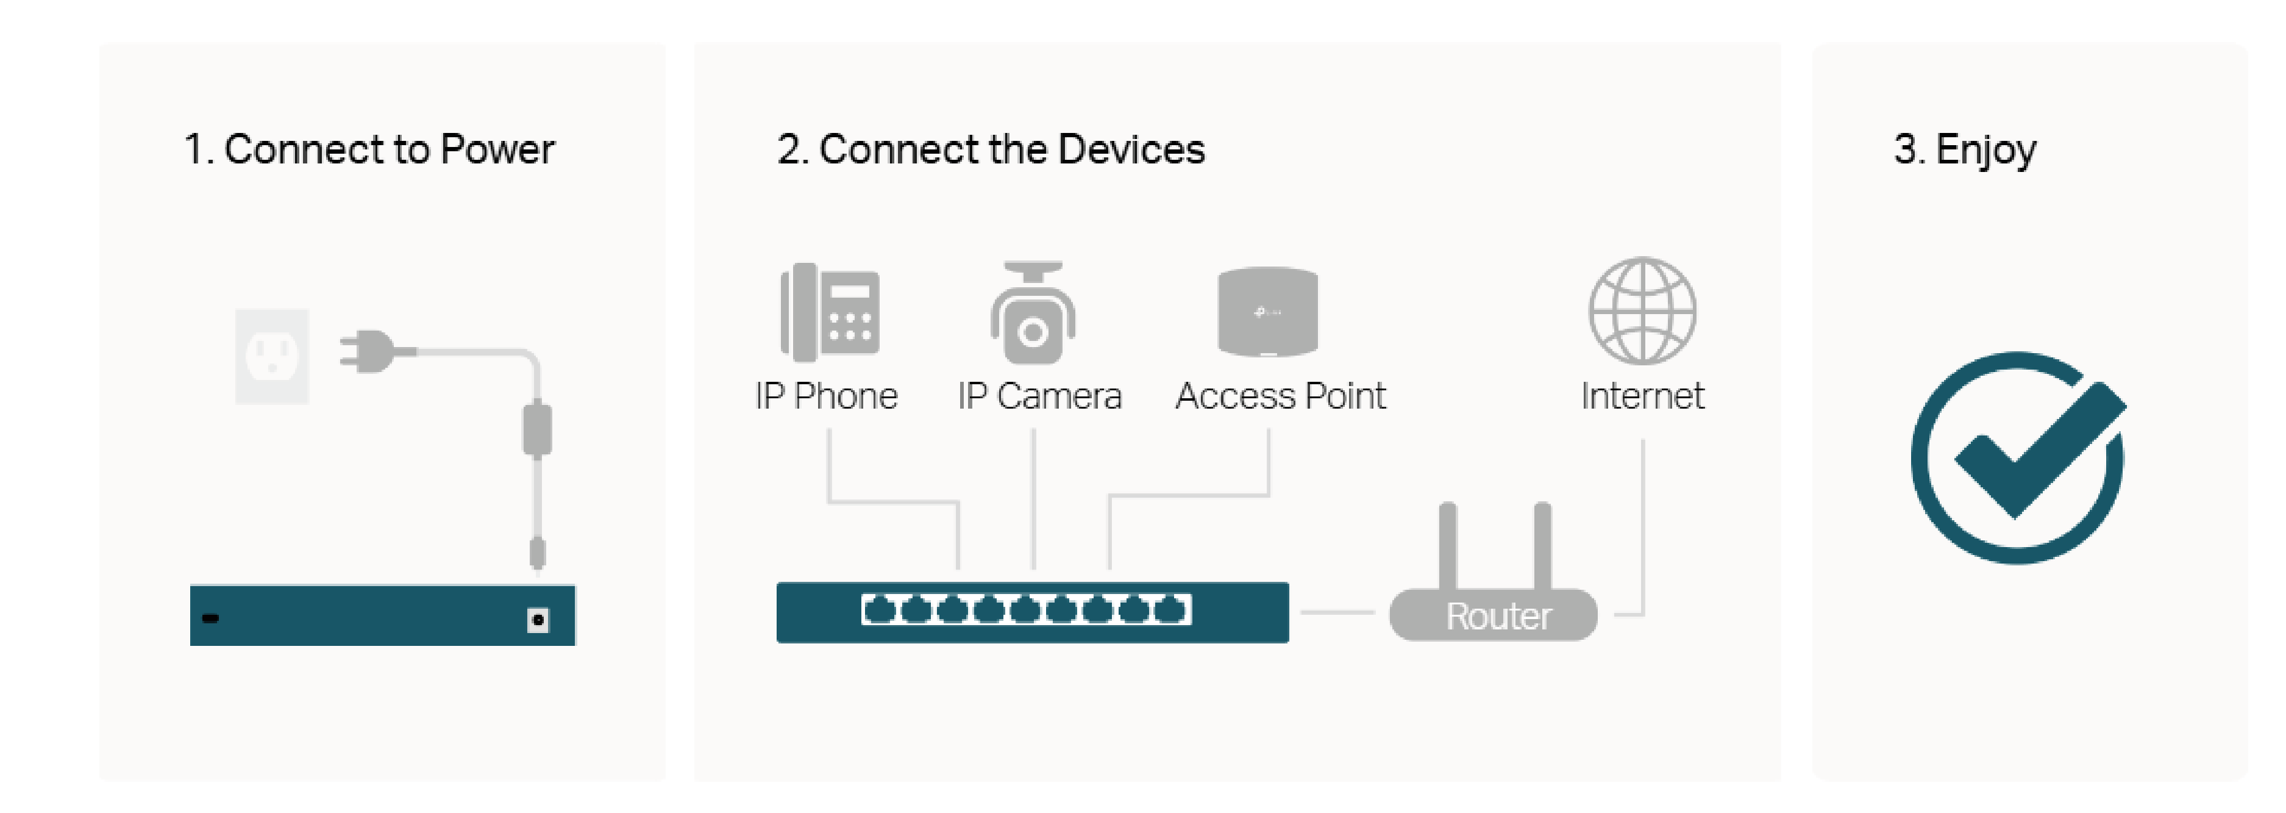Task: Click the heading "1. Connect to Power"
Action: (368, 149)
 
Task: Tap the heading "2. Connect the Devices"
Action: (991, 149)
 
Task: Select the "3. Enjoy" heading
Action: (1964, 149)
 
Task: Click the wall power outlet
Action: (271, 356)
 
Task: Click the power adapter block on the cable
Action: (537, 429)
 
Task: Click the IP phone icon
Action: (830, 312)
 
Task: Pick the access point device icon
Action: (1267, 312)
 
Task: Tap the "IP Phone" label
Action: (825, 396)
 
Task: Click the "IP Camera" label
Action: (1039, 396)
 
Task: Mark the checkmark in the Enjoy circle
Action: (2032, 453)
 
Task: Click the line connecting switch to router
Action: (1337, 612)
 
